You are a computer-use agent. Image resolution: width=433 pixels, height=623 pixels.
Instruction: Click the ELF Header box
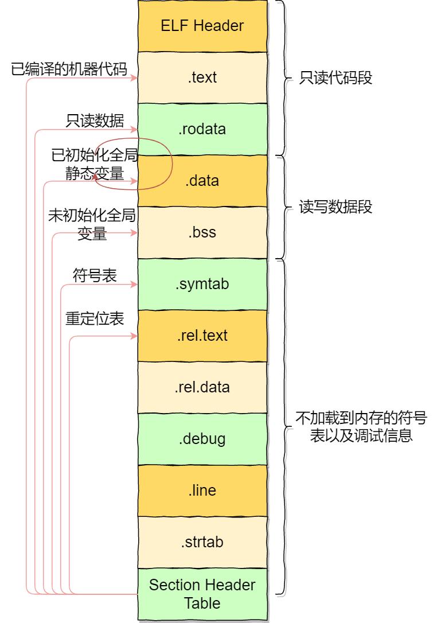pos(202,26)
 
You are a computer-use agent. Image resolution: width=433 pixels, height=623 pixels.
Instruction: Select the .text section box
pos(202,77)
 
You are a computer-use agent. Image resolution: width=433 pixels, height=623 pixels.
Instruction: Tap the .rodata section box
pos(202,129)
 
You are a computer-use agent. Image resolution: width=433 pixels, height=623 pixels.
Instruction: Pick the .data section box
pos(202,181)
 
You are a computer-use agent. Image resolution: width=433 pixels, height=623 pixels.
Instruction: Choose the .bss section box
pos(202,233)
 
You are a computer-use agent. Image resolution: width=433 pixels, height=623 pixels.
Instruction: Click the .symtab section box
pos(202,284)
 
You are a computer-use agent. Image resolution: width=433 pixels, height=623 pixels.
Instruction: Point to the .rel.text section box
pos(202,336)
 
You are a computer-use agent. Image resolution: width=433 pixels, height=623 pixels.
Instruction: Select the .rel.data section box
pos(202,387)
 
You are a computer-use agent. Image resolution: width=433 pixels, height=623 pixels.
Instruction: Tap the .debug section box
pos(202,439)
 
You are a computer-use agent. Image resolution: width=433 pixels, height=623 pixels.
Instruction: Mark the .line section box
pos(202,490)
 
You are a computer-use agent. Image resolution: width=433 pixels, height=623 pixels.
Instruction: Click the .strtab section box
pos(202,542)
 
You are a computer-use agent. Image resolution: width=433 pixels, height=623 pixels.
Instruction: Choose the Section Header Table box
pos(202,594)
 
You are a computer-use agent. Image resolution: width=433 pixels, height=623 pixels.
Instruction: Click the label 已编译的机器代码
pos(69,69)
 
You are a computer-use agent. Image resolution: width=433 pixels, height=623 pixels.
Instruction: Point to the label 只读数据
pos(95,121)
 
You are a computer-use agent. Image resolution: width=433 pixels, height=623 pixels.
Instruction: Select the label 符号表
pos(95,275)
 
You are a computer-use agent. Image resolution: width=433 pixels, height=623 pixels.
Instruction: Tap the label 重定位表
pos(95,319)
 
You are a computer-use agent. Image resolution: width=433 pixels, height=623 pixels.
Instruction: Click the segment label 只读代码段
pos(336,78)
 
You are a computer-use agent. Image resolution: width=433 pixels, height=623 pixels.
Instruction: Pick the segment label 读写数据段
pos(336,207)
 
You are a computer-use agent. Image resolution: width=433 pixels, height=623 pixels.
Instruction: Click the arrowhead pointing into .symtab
pos(134,285)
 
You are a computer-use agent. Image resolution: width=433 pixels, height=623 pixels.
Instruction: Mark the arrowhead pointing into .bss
pos(134,233)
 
